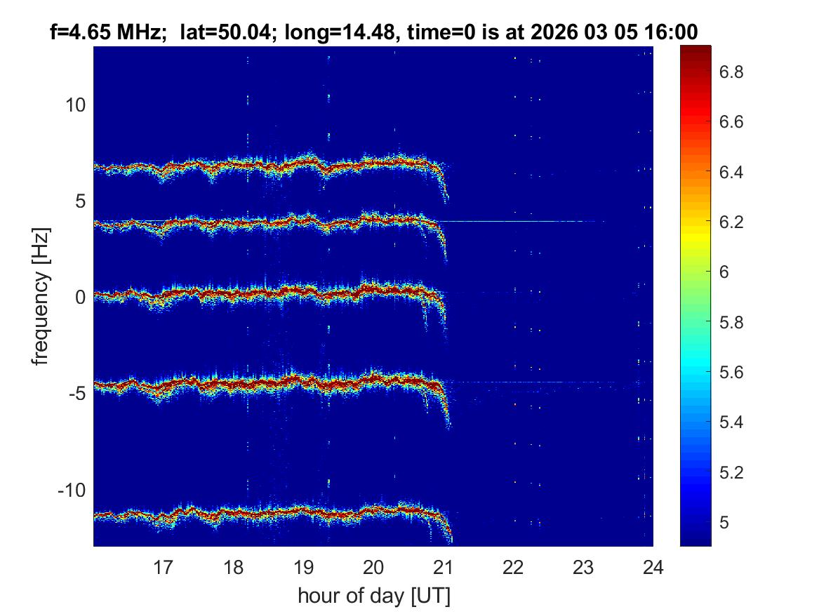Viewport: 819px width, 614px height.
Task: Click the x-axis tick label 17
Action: point(164,566)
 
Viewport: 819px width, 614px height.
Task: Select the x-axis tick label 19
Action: point(303,566)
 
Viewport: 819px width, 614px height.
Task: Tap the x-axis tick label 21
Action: point(444,566)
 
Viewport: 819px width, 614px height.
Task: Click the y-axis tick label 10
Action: point(74,105)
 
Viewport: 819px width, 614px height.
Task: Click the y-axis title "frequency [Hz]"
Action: point(42,296)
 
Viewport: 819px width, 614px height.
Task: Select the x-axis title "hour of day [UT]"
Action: point(373,596)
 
